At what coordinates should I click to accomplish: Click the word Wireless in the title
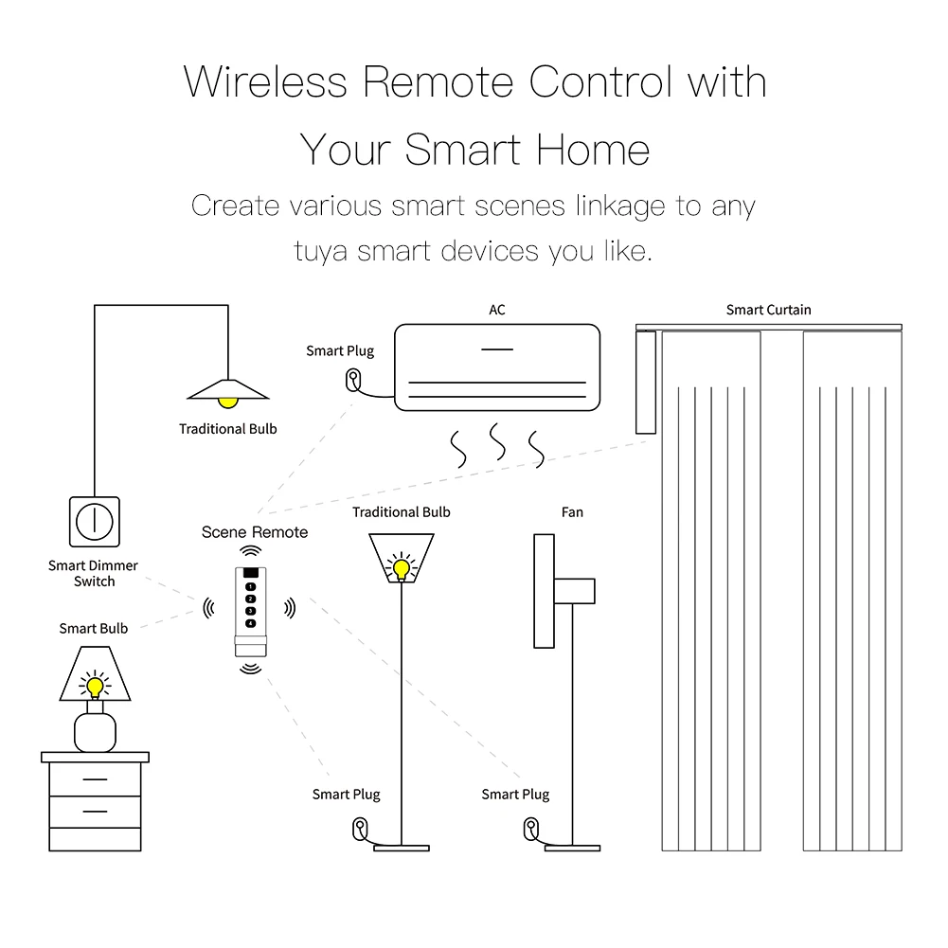tap(266, 82)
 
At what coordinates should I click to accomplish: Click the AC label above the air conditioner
tap(496, 310)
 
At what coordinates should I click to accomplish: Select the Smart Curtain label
tap(768, 310)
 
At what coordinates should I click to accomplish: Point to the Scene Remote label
tap(255, 532)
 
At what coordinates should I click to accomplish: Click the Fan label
tap(572, 512)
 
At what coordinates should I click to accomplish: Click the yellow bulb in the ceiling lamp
tap(227, 403)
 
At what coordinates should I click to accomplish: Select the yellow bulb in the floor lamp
tap(402, 568)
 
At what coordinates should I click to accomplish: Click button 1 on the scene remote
tap(250, 588)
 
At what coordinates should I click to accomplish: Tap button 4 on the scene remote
tap(250, 622)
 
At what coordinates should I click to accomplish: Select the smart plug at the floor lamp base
tap(360, 828)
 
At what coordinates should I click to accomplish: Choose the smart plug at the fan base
tap(528, 828)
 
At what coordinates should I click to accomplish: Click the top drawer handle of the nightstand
tap(94, 780)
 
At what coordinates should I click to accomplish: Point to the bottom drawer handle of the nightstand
tap(94, 812)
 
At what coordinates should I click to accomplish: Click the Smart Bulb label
tap(93, 628)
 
